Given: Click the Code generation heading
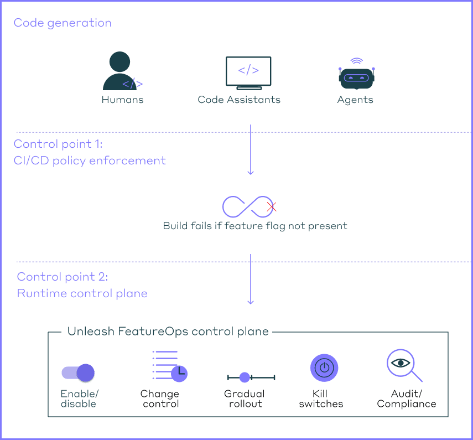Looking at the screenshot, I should pos(63,23).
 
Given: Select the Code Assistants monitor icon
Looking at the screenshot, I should pos(248,73).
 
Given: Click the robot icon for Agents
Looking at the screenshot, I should pos(356,76).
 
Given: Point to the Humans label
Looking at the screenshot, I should pos(122,100).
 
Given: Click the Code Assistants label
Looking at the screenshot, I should pos(239,100).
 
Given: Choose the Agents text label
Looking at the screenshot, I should pos(355,100).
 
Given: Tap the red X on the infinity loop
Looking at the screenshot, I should pos(272,207).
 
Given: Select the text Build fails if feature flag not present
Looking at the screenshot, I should pos(255,226).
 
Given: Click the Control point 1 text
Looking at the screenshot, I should pos(58,144).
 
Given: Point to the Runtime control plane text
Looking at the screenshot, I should pos(82,293).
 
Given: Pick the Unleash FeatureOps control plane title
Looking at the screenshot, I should pos(168,332).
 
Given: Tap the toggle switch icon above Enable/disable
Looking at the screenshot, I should pos(79,372).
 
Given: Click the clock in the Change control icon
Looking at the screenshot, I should pos(179,374).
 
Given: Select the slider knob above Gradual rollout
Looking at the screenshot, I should pos(245,377).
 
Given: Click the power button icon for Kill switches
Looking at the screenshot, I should pos(324,368).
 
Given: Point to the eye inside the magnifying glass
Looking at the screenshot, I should pos(401,363).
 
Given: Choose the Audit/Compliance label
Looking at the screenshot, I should pos(407,398).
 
